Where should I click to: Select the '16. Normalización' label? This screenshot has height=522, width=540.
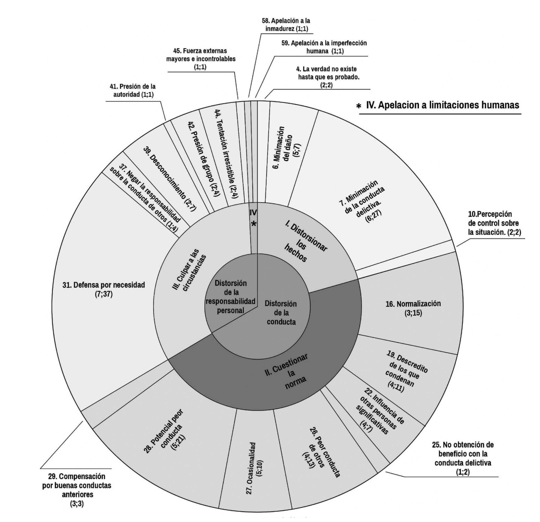click(x=413, y=308)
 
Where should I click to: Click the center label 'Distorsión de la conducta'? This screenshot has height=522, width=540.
click(x=281, y=313)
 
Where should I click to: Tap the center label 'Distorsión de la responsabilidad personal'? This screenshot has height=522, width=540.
click(x=231, y=297)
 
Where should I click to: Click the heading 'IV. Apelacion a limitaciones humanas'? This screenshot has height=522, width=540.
click(x=442, y=105)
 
